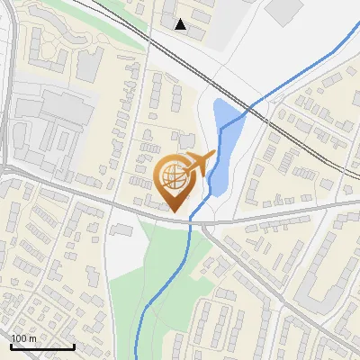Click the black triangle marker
click(x=181, y=24)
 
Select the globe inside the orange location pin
click(x=174, y=175)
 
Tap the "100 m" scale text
click(x=24, y=338)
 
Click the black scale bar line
click(x=41, y=346)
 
